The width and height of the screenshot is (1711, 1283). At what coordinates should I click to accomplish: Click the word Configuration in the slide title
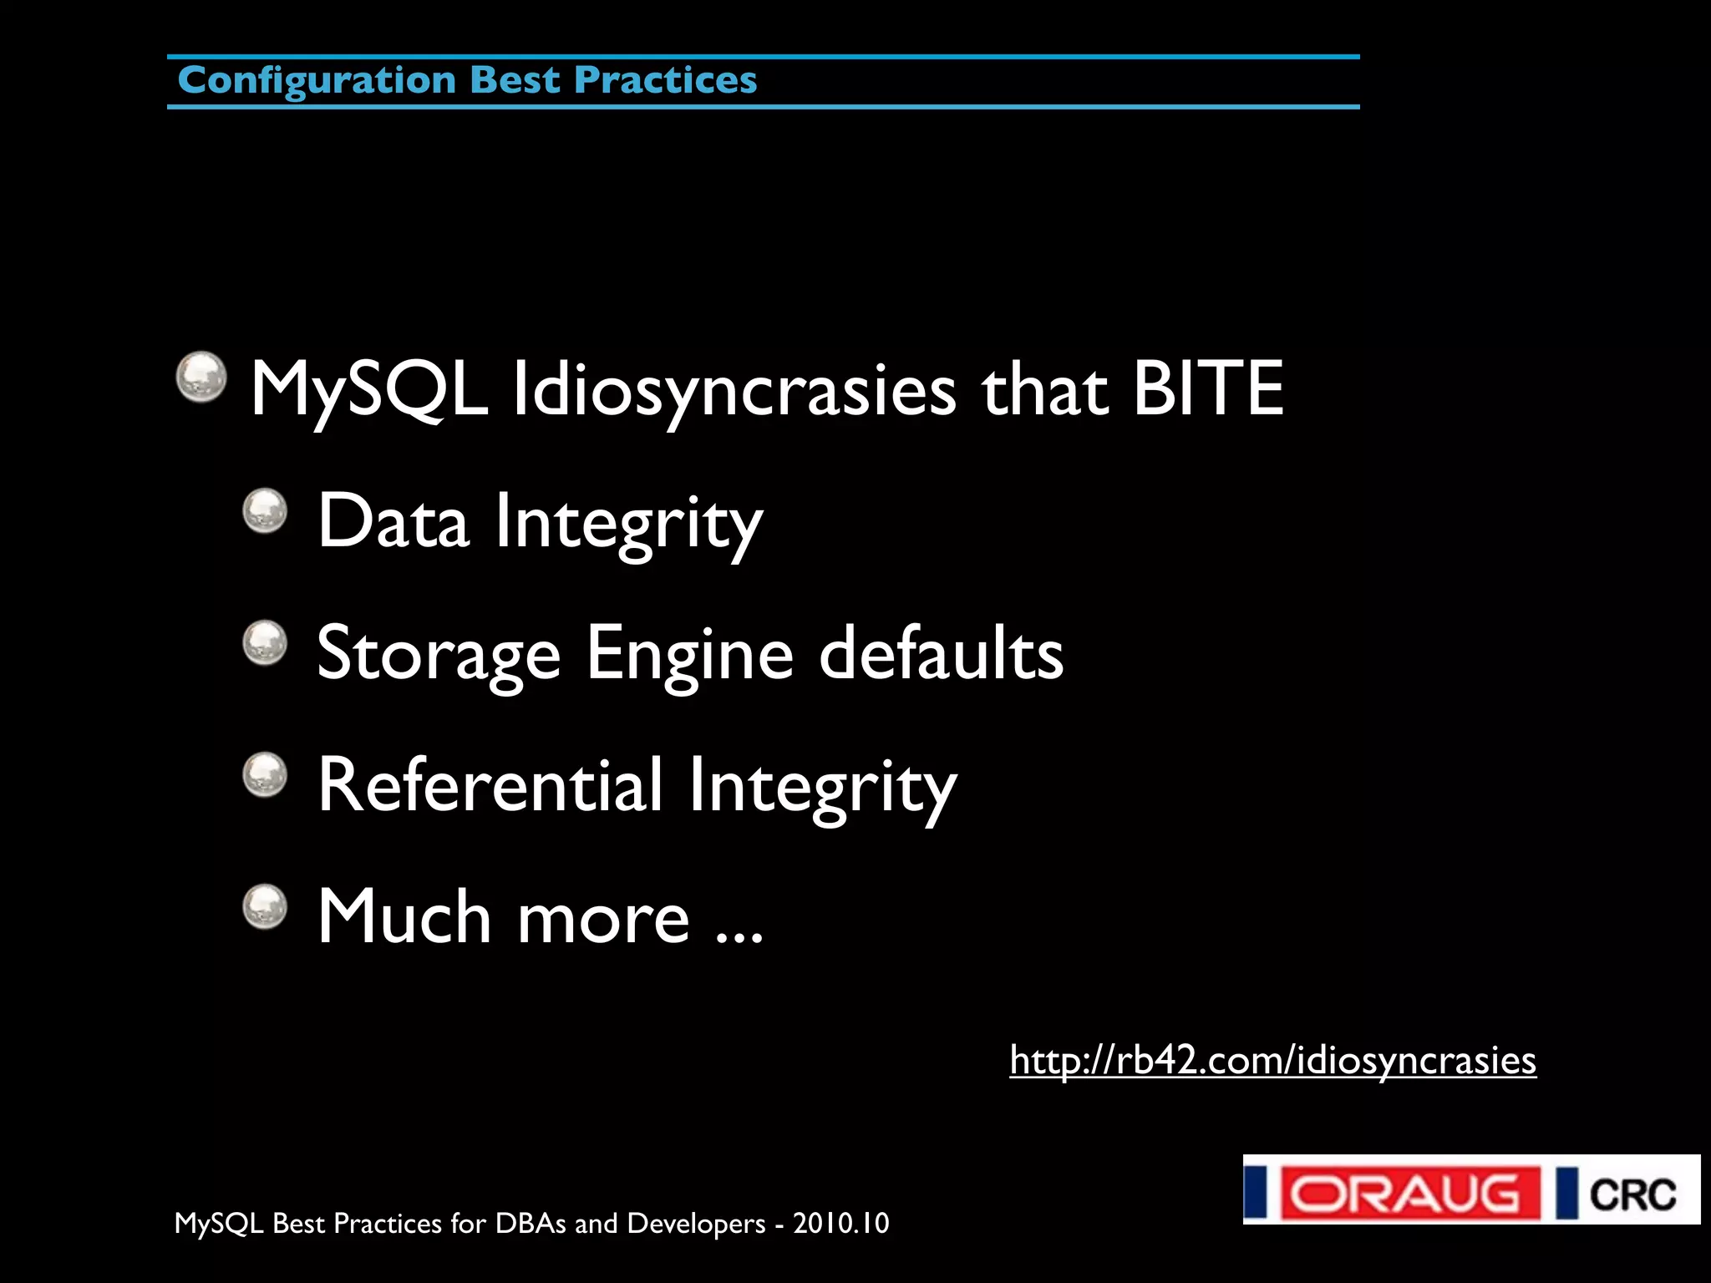[x=317, y=81]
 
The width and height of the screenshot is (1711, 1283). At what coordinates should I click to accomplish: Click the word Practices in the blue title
[x=665, y=81]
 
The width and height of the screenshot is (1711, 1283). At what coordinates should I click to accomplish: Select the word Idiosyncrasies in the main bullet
[x=734, y=390]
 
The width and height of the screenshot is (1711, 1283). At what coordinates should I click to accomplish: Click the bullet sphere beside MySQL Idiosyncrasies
[x=201, y=377]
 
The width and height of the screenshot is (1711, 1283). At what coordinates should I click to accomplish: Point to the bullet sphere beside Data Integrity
[x=265, y=510]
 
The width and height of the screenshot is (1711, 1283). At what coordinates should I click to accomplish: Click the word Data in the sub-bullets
[x=393, y=522]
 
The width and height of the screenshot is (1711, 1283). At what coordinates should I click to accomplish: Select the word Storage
[x=439, y=654]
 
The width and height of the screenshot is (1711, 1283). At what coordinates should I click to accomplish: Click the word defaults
[x=941, y=654]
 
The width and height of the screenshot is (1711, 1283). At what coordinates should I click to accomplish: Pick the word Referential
[x=490, y=785]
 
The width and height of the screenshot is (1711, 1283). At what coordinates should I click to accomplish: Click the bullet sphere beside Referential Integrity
[x=265, y=774]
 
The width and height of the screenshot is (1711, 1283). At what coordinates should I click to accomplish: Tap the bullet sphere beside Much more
[x=265, y=906]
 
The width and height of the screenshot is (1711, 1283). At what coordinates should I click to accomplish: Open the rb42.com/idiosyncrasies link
[x=1272, y=1061]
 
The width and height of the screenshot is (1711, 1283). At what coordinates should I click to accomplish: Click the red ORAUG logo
[x=1409, y=1193]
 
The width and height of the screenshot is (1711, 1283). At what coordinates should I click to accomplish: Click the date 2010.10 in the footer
[x=840, y=1224]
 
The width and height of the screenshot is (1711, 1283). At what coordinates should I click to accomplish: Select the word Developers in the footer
[x=696, y=1224]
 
